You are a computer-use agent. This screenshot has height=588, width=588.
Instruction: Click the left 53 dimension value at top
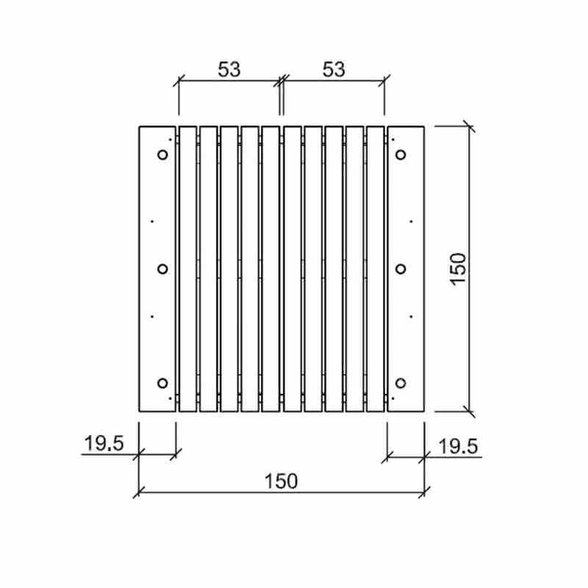(229, 69)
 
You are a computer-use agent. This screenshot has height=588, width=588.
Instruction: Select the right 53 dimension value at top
(334, 69)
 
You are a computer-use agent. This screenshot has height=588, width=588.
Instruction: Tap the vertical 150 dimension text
(457, 269)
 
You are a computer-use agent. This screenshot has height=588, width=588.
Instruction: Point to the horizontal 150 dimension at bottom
(282, 481)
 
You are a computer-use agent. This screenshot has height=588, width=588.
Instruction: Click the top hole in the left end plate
(162, 155)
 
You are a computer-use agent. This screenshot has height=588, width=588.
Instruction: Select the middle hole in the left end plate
(162, 269)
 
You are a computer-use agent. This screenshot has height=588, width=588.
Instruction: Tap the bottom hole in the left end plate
(162, 382)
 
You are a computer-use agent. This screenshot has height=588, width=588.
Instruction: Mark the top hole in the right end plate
(401, 155)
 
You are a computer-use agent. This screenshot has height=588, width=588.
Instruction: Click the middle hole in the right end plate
(401, 269)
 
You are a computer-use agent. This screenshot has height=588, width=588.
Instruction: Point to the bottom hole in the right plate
(401, 382)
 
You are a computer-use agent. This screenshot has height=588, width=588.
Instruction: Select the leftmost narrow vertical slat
(187, 269)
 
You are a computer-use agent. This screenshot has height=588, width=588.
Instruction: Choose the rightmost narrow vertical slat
(376, 269)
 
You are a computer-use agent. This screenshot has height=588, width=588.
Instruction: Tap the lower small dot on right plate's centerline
(411, 317)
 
